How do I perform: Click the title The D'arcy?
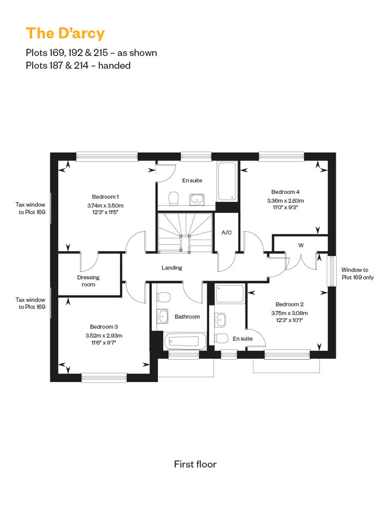(x=65, y=34)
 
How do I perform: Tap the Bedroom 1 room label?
(x=105, y=197)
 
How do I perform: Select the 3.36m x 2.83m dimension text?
(x=285, y=201)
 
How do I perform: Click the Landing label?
(x=172, y=268)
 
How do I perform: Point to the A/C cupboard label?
(x=226, y=232)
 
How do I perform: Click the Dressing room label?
(x=88, y=281)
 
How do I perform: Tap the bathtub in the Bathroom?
(x=185, y=341)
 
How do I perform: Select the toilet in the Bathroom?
(x=164, y=297)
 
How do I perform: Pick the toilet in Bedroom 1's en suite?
(x=174, y=198)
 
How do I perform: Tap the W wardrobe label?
(x=301, y=245)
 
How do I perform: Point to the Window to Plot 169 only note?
(x=357, y=273)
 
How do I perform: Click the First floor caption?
(x=195, y=464)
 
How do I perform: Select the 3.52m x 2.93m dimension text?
(x=104, y=335)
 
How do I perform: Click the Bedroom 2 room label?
(x=290, y=304)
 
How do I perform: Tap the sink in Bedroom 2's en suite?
(x=221, y=319)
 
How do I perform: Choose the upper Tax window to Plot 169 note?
(x=31, y=208)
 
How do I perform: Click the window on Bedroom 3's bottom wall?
(x=104, y=378)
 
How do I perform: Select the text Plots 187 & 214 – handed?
(x=78, y=65)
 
